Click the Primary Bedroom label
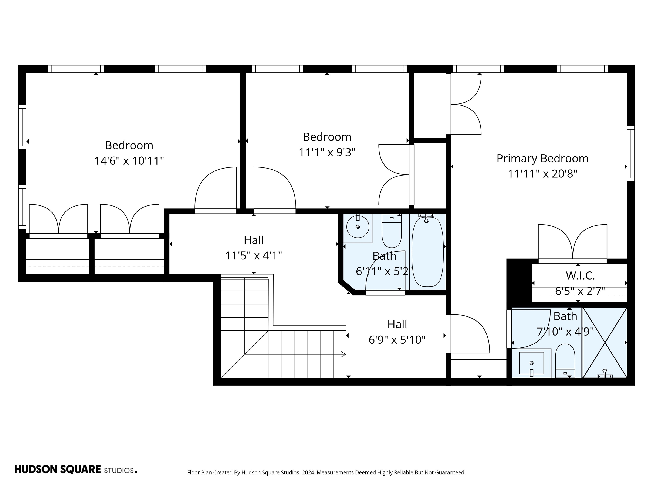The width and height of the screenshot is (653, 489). point(542,159)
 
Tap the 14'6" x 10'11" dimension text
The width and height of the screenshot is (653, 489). point(129,161)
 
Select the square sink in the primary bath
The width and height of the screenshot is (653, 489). point(531,363)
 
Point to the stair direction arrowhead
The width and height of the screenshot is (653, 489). point(343,354)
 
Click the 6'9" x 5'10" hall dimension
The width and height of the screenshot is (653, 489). point(397,340)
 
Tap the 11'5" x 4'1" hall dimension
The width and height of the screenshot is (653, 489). point(253,256)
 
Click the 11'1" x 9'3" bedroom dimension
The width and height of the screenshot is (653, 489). point(327,153)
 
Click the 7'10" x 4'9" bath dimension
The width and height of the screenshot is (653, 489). point(565,332)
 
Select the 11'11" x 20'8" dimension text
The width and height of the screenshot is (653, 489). point(542,174)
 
